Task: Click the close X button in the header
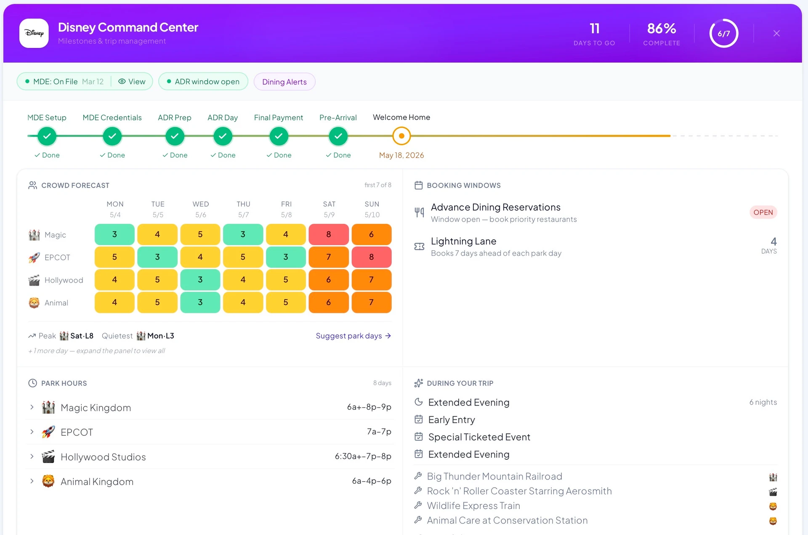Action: [776, 33]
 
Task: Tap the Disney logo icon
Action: [34, 33]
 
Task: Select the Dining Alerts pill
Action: [284, 82]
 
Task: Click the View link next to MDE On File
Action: [132, 82]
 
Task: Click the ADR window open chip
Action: [203, 82]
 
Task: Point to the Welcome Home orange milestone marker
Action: [401, 136]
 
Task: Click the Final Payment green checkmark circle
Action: [279, 136]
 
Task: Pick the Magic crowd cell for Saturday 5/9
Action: [329, 234]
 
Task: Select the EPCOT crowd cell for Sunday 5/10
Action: [372, 257]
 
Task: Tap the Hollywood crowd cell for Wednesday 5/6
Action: [200, 280]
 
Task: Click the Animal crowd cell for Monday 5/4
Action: [114, 302]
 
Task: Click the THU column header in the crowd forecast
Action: [243, 204]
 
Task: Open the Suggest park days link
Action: [353, 336]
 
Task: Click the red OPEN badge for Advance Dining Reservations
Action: [763, 212]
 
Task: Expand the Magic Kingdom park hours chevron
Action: [32, 407]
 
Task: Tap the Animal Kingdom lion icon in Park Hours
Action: [48, 481]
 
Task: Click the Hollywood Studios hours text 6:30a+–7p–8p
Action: [363, 456]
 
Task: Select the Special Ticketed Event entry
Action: [479, 437]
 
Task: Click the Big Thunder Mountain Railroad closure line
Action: [494, 476]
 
